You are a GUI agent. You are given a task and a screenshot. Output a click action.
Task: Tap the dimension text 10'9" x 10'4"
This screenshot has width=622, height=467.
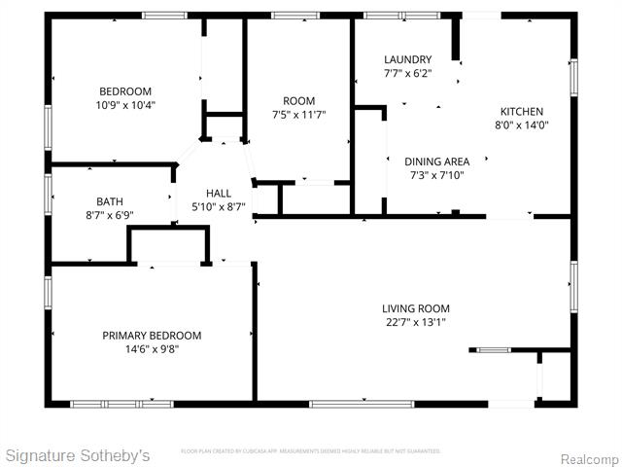pyautogui.click(x=125, y=105)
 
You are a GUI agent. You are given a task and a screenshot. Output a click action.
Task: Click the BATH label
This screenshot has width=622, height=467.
pyautogui.click(x=109, y=201)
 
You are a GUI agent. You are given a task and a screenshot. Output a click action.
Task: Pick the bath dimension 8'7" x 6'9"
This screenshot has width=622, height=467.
pyautogui.click(x=109, y=215)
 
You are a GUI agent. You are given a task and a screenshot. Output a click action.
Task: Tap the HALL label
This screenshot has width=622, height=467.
pyautogui.click(x=219, y=193)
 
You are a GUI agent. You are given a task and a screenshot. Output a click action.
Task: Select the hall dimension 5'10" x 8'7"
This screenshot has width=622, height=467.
pyautogui.click(x=219, y=206)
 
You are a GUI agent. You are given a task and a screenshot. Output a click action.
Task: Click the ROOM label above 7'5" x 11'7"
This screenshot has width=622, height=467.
pyautogui.click(x=298, y=101)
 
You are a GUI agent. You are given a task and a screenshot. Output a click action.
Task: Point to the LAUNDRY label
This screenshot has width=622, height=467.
pyautogui.click(x=407, y=59)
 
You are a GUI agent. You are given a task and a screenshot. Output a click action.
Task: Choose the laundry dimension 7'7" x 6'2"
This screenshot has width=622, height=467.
pyautogui.click(x=407, y=73)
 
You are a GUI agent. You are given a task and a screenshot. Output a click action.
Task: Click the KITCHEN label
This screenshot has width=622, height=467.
pyautogui.click(x=522, y=111)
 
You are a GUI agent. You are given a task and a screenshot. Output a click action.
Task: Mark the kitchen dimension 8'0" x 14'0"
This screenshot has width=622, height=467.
pyautogui.click(x=522, y=125)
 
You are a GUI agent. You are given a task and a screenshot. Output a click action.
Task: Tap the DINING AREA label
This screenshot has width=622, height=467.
pyautogui.click(x=436, y=162)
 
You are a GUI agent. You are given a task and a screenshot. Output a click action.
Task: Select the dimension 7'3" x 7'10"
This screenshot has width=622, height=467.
pyautogui.click(x=436, y=175)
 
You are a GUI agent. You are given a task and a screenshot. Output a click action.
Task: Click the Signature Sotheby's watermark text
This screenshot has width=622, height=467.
pyautogui.click(x=78, y=455)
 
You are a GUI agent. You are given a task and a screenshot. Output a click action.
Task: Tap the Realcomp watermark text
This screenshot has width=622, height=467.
pyautogui.click(x=589, y=458)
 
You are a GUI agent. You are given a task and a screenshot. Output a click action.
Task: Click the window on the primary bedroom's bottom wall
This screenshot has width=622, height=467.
pyautogui.click(x=121, y=403)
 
